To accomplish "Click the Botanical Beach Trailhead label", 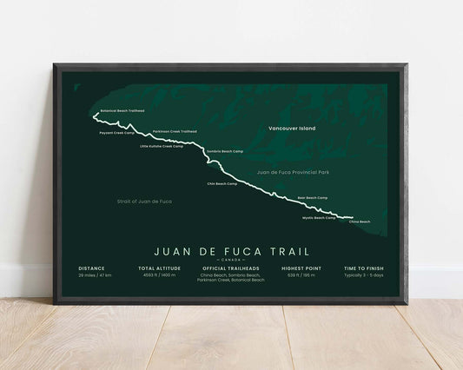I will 122,110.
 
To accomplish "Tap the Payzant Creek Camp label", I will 116,133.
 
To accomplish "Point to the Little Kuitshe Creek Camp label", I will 161,146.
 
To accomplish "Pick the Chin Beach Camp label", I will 222,183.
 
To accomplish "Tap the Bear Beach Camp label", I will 312,198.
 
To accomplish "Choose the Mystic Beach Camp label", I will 318,218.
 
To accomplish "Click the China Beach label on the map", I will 359,222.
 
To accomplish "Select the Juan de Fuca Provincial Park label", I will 293,173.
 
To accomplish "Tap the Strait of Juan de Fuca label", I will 144,201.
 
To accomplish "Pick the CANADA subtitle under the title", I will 230,260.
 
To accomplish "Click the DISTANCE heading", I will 91,268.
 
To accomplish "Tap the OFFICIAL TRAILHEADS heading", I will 230,268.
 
